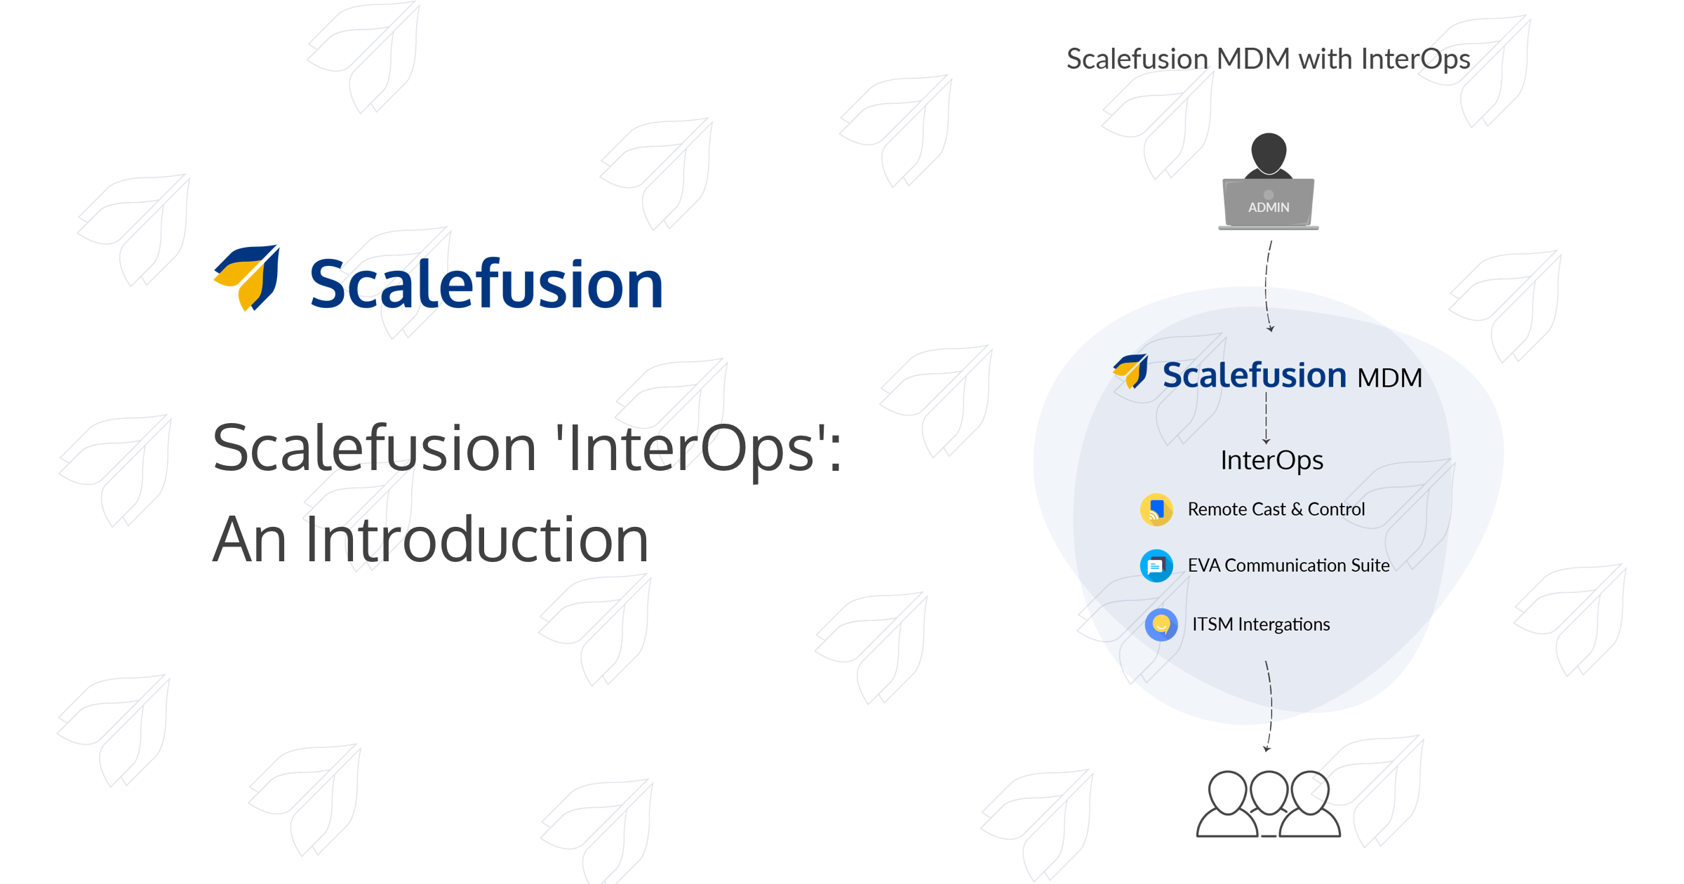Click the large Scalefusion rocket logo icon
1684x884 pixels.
247,278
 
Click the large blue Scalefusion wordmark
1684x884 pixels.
486,284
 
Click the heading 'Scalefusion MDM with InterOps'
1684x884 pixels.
1268,60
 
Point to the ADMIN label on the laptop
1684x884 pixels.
1269,208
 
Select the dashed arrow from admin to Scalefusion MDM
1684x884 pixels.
1267,286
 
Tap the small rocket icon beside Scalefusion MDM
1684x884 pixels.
1130,371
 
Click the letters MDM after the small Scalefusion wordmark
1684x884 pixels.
1389,379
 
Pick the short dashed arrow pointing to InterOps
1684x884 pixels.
1266,417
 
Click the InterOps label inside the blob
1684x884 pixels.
1271,461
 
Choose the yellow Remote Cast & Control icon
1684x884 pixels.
1156,509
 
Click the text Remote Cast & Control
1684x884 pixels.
1276,509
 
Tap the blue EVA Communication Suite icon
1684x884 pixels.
1156,565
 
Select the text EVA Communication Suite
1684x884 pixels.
1288,565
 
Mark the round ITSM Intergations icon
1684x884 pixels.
1161,624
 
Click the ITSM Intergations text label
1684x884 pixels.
1261,624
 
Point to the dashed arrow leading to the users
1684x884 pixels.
1269,706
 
